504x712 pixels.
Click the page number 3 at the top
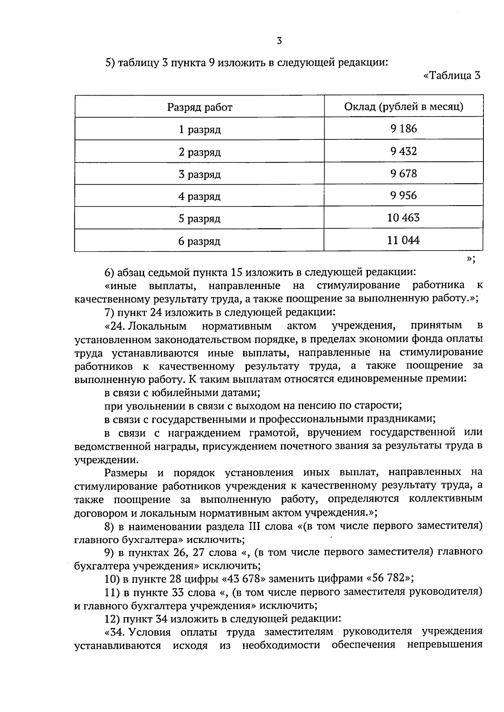click(279, 41)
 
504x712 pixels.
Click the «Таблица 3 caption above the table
click(452, 76)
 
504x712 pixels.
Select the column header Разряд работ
click(199, 107)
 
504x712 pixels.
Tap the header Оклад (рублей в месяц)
click(404, 107)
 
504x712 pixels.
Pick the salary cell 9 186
click(404, 129)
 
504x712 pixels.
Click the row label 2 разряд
click(199, 152)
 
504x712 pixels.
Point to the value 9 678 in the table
click(404, 173)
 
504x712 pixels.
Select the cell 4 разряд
click(199, 196)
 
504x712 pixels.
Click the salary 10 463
click(404, 218)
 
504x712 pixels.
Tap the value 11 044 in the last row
click(404, 240)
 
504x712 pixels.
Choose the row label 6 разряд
click(199, 241)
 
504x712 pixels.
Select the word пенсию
click(317, 406)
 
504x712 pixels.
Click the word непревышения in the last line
click(445, 644)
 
